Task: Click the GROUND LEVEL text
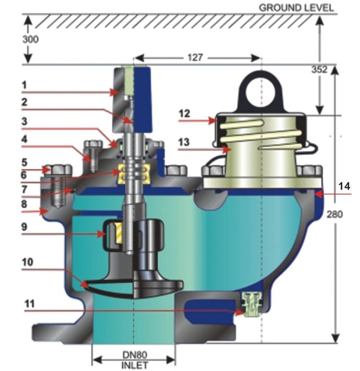tap(296, 8)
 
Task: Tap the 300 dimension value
tap(31, 39)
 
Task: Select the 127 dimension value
tap(195, 57)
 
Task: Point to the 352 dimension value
tap(319, 69)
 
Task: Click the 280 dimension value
tap(334, 214)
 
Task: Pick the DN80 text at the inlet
tap(135, 355)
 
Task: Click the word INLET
tap(135, 365)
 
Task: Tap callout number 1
tap(24, 85)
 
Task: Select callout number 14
tap(344, 186)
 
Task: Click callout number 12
tap(184, 113)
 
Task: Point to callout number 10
tap(27, 262)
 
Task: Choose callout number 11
tap(30, 303)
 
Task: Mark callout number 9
tap(24, 226)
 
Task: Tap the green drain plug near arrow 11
tap(252, 305)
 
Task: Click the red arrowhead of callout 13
tap(227, 149)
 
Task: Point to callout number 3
tap(24, 121)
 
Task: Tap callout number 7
tap(24, 189)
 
